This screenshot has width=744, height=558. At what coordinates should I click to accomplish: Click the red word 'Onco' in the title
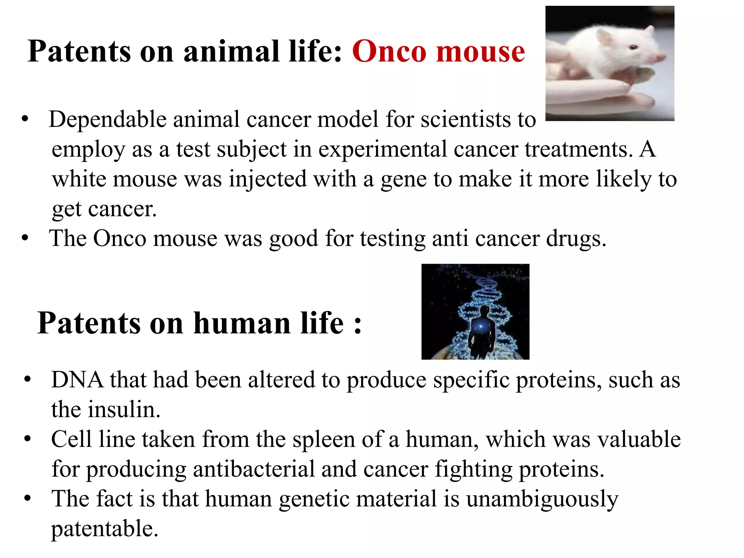click(x=389, y=52)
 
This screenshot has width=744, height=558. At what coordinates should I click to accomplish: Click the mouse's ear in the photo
click(x=603, y=36)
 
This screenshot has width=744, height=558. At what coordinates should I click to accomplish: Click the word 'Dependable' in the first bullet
click(x=108, y=120)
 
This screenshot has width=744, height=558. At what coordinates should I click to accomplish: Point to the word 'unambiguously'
click(x=542, y=499)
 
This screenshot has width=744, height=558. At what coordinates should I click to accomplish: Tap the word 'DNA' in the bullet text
click(x=77, y=380)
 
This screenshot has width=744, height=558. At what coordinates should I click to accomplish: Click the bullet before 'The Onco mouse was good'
click(x=25, y=239)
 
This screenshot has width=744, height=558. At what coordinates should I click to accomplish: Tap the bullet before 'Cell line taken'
click(x=27, y=440)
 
